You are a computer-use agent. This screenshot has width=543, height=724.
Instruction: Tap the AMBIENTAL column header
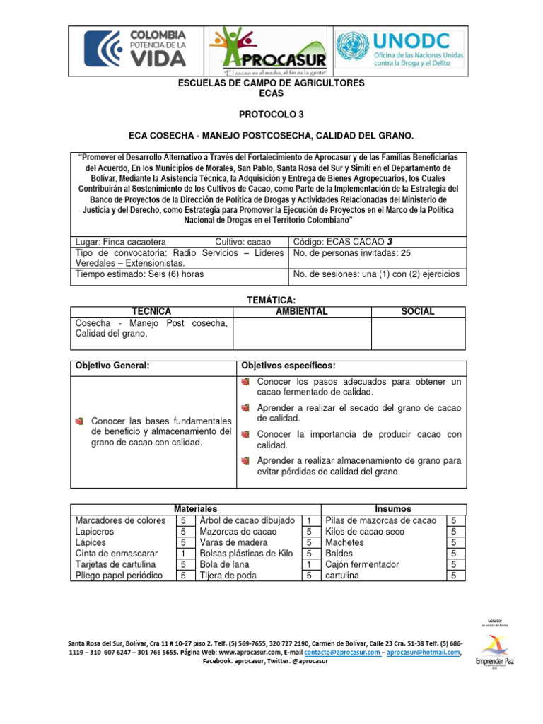[301, 311]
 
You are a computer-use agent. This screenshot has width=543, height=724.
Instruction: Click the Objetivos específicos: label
[288, 366]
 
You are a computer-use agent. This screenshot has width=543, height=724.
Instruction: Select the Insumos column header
[393, 509]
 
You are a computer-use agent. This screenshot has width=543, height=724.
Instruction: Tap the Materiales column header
[195, 509]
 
